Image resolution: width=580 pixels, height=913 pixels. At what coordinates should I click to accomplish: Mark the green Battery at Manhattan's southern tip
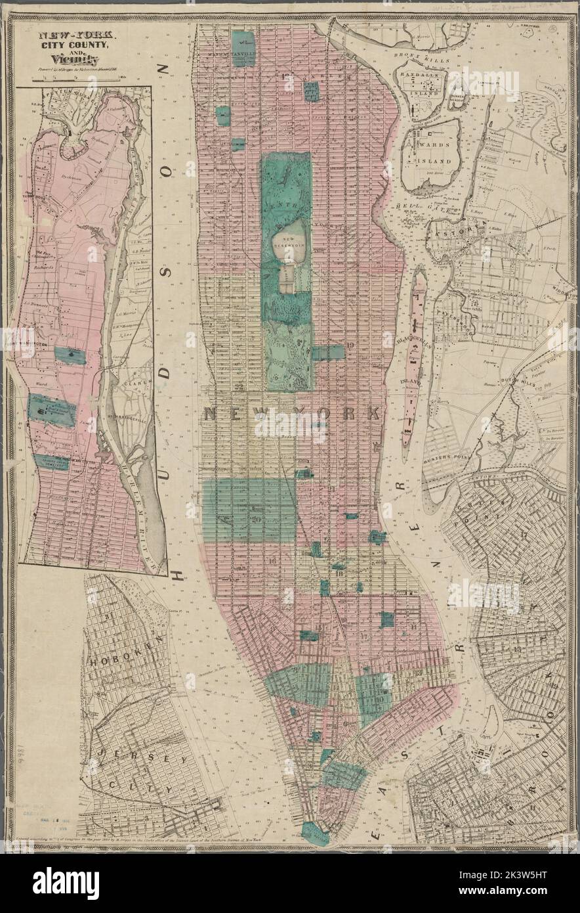315,834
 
